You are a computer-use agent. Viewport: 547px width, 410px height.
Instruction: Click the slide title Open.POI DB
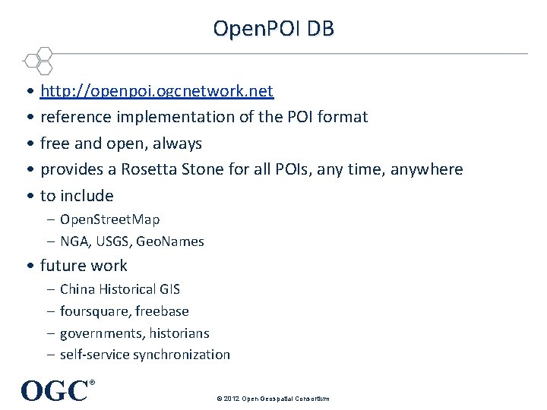point(273,29)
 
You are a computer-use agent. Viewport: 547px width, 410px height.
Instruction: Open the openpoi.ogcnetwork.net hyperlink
point(157,91)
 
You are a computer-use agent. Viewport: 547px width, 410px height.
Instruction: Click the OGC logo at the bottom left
point(55,390)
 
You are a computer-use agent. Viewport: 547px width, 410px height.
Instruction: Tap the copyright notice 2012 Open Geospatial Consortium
point(273,399)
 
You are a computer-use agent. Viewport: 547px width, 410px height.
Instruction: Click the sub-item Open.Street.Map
point(109,219)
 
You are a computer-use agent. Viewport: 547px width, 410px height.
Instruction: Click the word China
point(76,289)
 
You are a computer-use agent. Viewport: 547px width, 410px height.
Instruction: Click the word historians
point(179,333)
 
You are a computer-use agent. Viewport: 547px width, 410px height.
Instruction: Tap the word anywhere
point(426,169)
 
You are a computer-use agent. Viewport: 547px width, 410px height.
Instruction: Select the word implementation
point(173,117)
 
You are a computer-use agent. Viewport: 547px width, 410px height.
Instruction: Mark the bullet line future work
point(84,266)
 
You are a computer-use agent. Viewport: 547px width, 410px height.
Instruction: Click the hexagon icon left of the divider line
point(37,59)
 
